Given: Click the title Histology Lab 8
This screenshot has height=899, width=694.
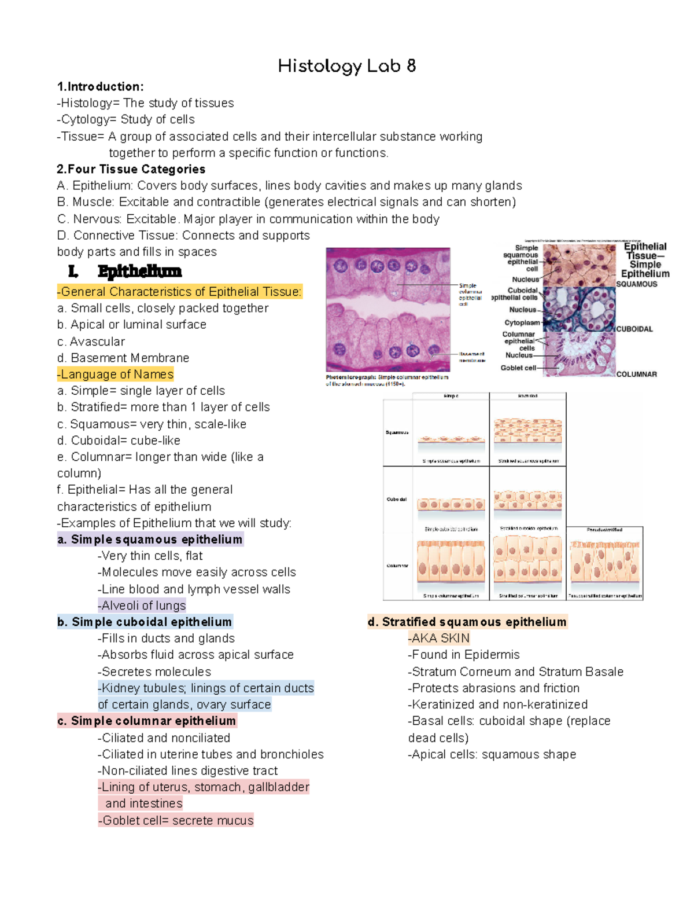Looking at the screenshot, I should click(346, 66).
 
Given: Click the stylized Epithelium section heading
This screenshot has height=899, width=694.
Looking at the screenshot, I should click(139, 271).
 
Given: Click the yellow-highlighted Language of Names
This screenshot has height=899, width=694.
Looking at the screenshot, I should click(116, 375).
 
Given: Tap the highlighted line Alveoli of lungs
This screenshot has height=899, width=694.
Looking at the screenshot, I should click(142, 606).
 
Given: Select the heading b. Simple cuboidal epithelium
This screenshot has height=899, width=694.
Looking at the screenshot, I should click(145, 622).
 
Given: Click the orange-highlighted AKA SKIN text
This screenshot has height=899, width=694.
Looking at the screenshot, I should click(439, 639).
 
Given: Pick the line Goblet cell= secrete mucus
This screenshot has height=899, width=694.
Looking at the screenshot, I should click(176, 820).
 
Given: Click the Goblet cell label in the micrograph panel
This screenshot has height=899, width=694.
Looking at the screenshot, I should click(518, 368).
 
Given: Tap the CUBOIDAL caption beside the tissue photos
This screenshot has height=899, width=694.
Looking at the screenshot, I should click(634, 329).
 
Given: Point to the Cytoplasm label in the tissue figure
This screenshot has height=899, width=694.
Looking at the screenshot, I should click(522, 322).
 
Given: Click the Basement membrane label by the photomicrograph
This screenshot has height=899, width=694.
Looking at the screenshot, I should click(472, 357).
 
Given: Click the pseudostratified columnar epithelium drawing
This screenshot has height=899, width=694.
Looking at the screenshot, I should click(604, 562).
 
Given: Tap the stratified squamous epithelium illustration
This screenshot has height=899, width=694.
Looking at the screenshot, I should click(527, 431).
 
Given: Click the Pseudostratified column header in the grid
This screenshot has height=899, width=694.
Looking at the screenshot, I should click(604, 530).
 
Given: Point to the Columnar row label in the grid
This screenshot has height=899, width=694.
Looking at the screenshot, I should click(397, 566).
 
